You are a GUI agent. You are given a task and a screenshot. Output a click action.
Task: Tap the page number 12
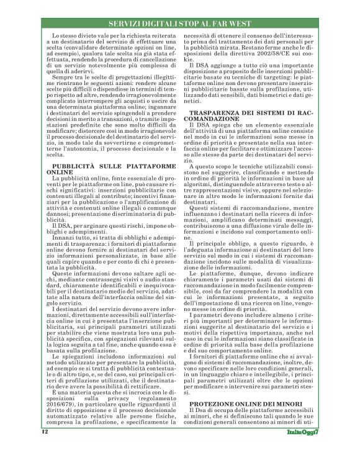coord(45,448)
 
